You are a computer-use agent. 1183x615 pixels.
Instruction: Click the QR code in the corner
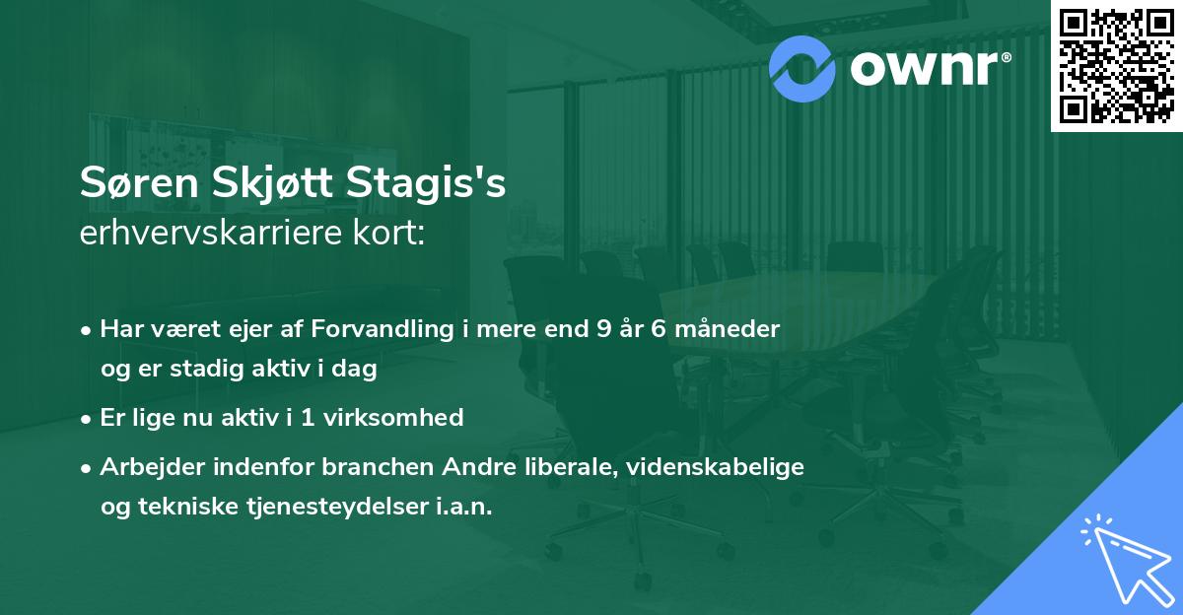(x=1116, y=65)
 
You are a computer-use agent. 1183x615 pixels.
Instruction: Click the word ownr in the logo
(x=927, y=66)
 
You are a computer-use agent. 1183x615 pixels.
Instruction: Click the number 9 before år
(x=603, y=328)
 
